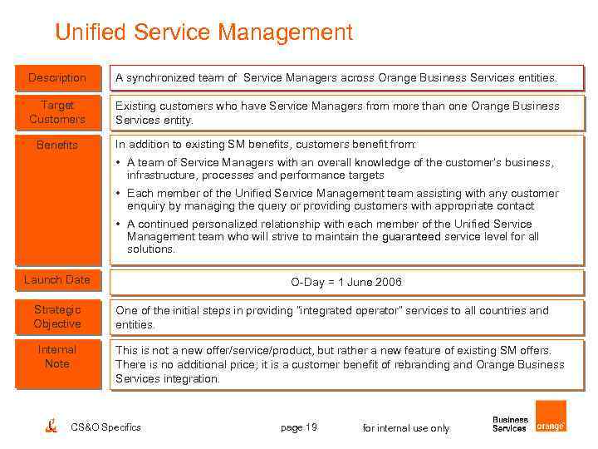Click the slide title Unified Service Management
tap(203, 32)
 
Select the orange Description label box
tap(57, 77)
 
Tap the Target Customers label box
tap(57, 112)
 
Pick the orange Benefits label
tap(57, 145)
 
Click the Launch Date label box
tap(57, 279)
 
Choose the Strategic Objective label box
tap(57, 317)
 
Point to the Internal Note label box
tap(57, 357)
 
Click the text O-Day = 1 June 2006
tap(346, 282)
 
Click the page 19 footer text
tap(299, 427)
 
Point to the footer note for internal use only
tap(406, 428)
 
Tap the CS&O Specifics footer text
tap(105, 427)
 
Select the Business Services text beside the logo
tap(510, 424)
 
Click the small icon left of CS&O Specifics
tap(51, 426)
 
